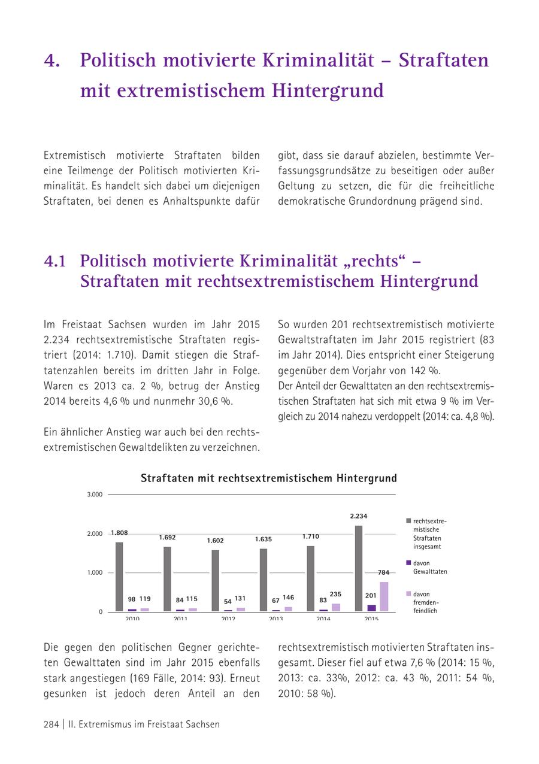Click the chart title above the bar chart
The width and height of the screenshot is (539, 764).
click(269, 478)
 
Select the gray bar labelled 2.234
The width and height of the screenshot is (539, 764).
click(359, 568)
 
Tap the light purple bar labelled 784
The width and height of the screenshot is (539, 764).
click(383, 596)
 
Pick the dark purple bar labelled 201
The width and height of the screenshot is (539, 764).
click(371, 608)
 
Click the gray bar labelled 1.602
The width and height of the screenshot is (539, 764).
click(215, 580)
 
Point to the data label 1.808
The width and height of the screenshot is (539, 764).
click(119, 533)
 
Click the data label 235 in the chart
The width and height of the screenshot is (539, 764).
click(335, 594)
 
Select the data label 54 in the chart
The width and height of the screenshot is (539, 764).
click(228, 601)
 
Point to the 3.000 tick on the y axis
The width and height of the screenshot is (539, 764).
click(96, 495)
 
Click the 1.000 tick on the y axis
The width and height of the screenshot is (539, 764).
click(96, 573)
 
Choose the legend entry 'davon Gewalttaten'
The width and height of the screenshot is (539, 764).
click(429, 567)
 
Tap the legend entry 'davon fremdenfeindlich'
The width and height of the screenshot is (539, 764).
click(427, 602)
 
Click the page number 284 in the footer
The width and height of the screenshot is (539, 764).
click(51, 724)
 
